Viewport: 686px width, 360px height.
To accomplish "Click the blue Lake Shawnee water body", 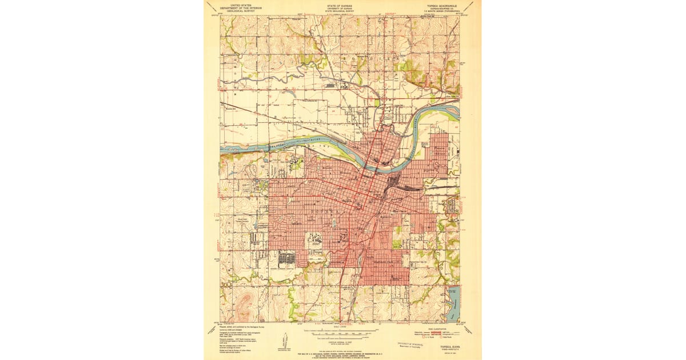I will pyautogui.click(x=454, y=303).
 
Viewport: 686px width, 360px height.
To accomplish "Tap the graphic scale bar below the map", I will pyautogui.click(x=341, y=331).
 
